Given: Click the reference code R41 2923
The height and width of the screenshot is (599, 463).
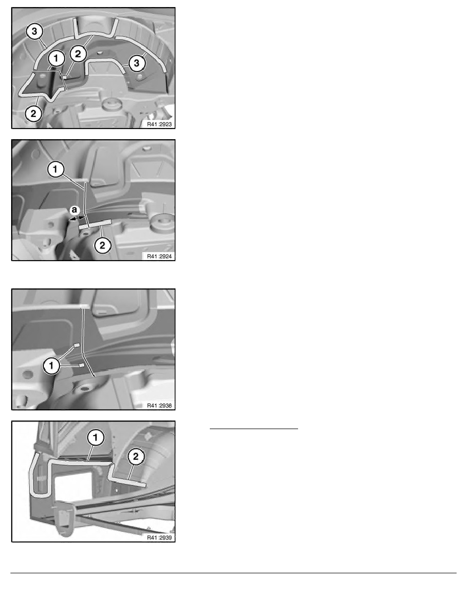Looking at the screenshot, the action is [159, 124].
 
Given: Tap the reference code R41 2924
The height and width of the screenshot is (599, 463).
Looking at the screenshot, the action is [159, 256].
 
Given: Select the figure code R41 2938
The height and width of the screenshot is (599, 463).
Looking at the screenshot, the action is [159, 406].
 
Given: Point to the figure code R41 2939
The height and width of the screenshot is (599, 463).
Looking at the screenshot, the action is [159, 538].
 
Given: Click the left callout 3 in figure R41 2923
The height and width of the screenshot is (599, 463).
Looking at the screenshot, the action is [34, 31].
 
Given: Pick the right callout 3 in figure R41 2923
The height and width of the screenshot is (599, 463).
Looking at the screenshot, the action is [137, 63].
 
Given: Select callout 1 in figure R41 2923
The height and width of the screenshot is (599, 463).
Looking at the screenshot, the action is [56, 58].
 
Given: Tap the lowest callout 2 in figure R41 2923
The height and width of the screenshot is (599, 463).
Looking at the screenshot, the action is [34, 113].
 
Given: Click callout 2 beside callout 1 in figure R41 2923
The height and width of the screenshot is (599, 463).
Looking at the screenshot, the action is [78, 54].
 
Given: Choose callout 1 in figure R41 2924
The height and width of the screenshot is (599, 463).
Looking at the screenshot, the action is [55, 169].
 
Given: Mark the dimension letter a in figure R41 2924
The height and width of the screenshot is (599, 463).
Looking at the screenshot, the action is [75, 210].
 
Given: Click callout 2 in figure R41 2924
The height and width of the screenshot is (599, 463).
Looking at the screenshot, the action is [102, 245].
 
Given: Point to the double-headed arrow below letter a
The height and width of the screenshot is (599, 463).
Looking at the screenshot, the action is [77, 218].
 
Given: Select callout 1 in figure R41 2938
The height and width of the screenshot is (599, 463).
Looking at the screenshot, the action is [51, 366].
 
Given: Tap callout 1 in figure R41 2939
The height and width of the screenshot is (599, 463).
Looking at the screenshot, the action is [95, 438].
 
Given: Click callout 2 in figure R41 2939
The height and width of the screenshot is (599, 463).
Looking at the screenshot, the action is [136, 456].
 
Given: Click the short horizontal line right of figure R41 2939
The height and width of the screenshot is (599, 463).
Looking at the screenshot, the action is [254, 429].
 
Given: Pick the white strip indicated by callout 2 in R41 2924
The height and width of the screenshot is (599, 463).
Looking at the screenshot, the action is [95, 224].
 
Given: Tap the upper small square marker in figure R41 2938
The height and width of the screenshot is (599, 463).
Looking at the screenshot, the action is [77, 345].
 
